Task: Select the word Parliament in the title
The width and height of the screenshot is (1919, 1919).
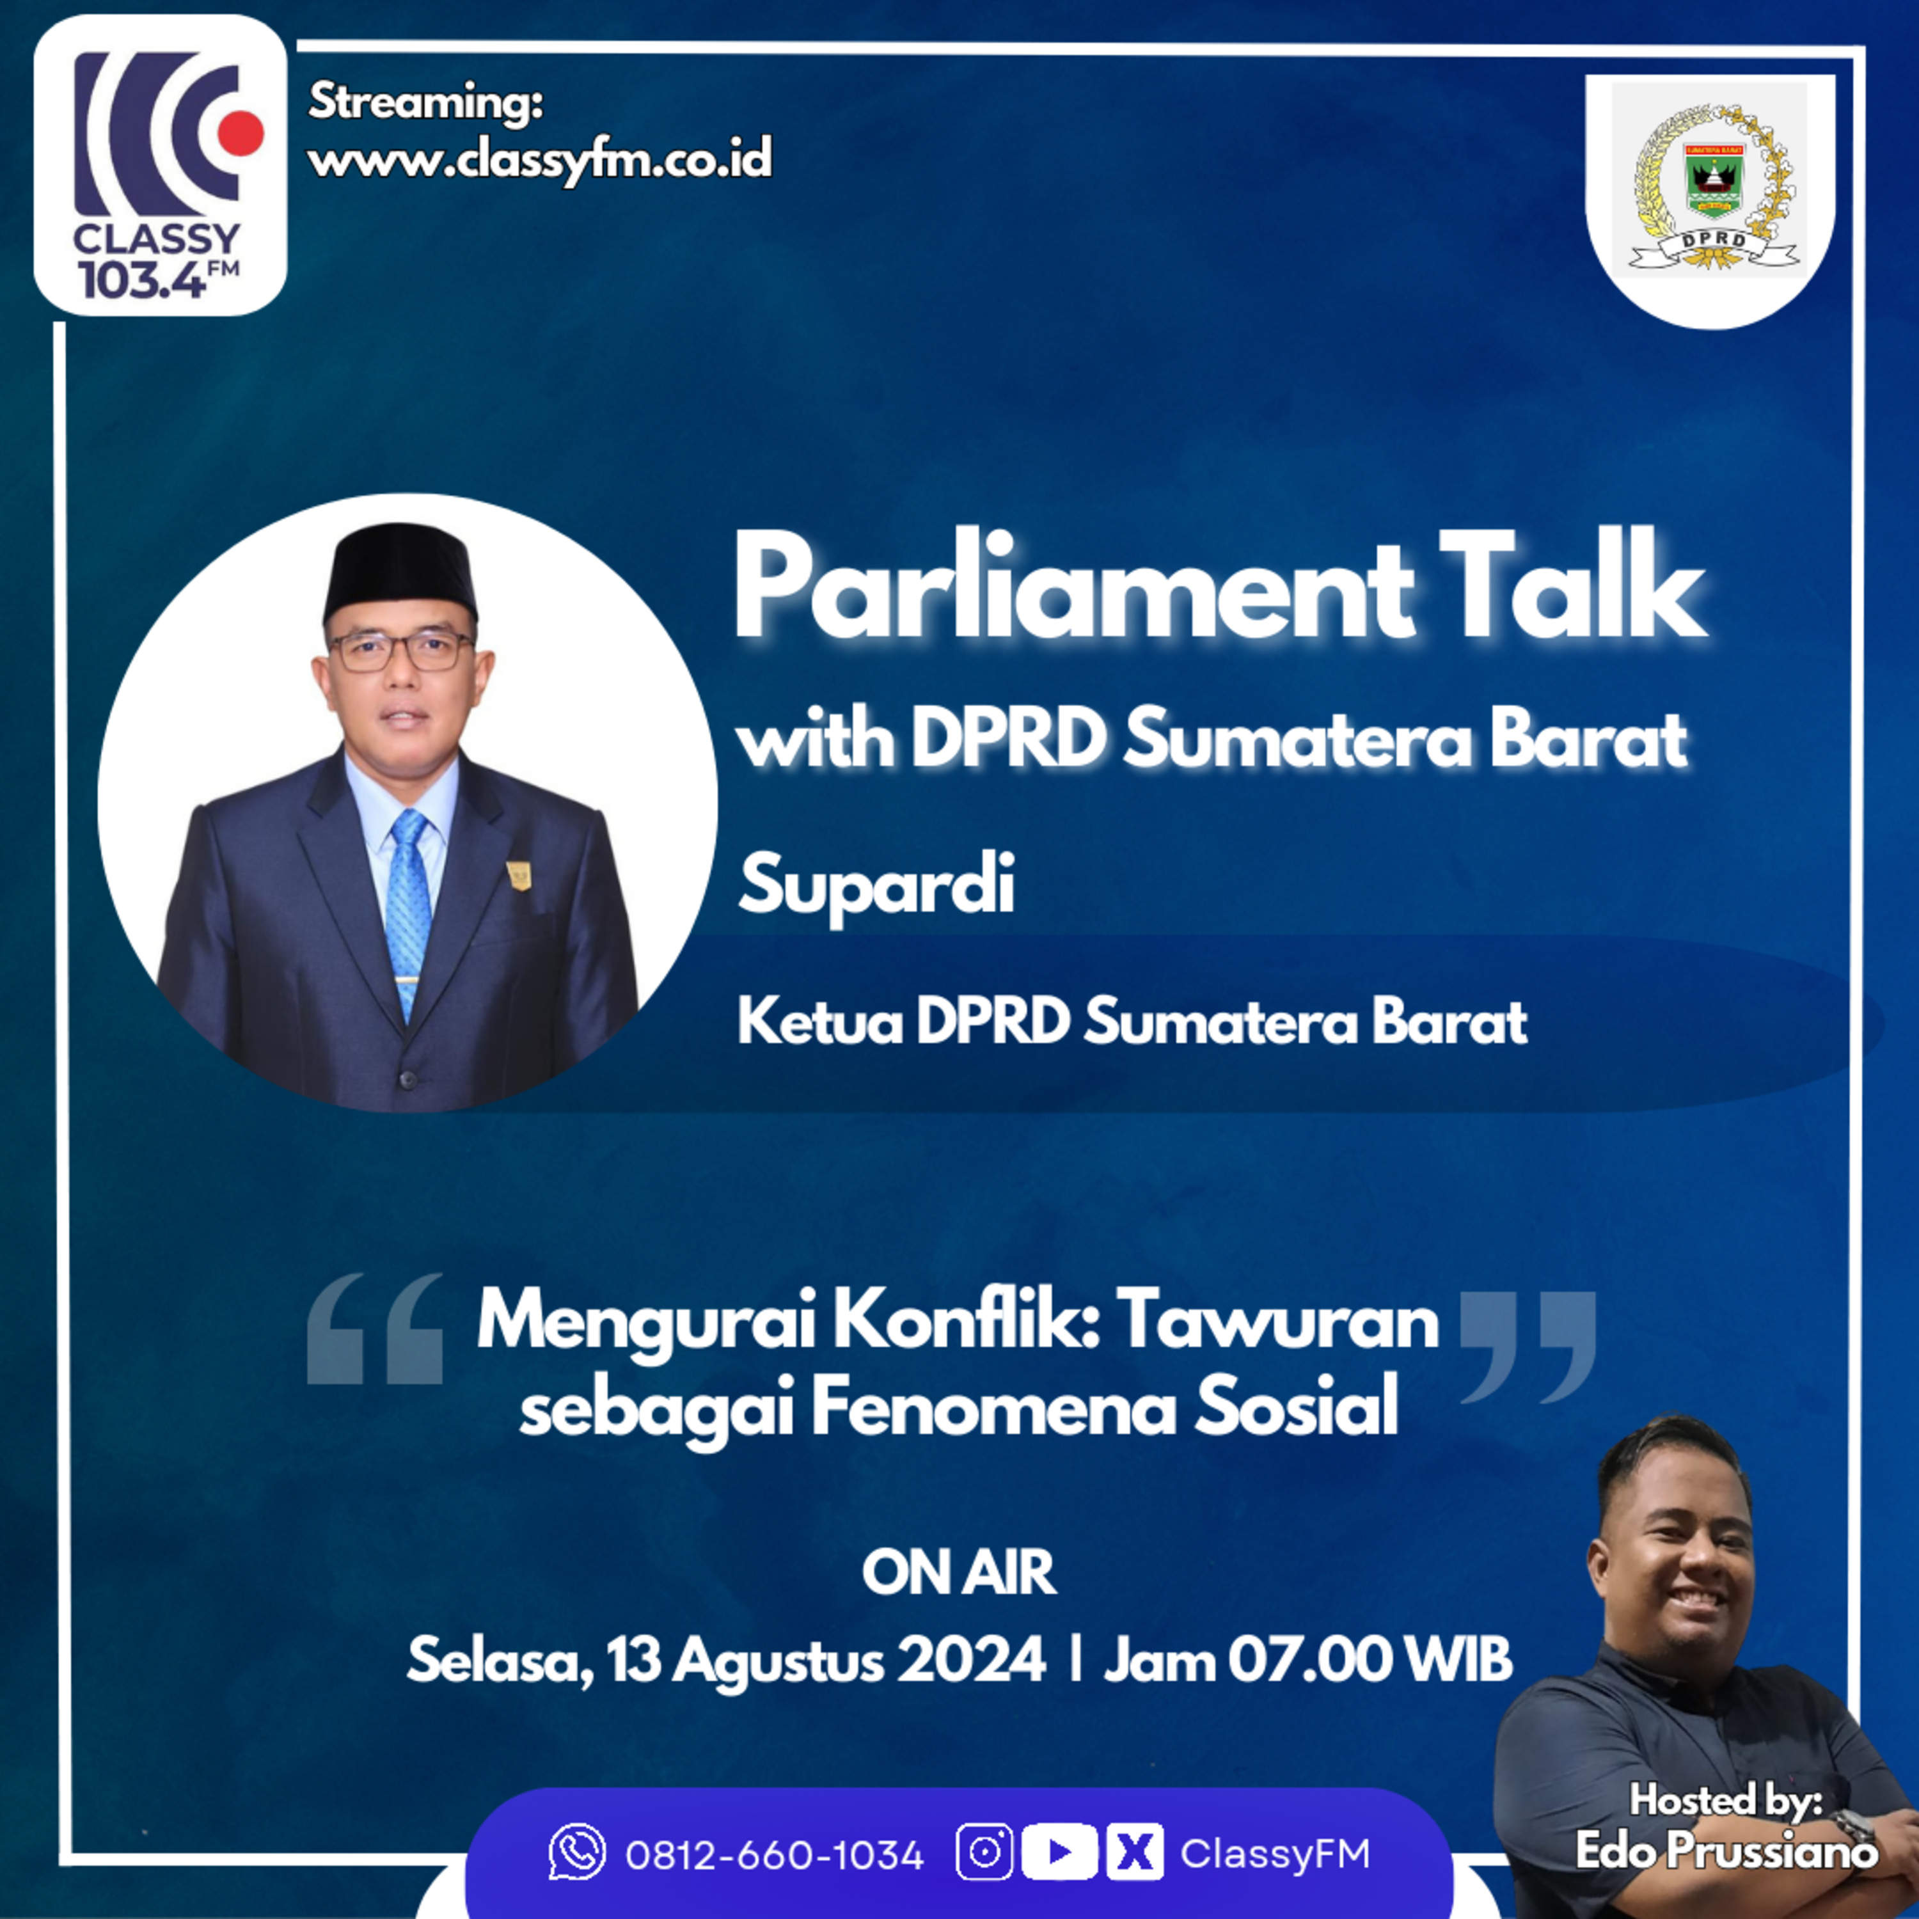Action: coord(1073,590)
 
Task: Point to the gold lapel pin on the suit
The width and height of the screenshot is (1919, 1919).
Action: coord(519,874)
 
